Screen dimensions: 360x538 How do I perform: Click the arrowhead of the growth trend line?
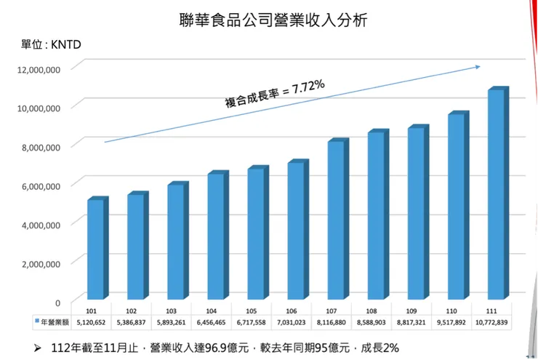point(478,67)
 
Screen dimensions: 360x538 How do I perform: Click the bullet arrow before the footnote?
point(37,348)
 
